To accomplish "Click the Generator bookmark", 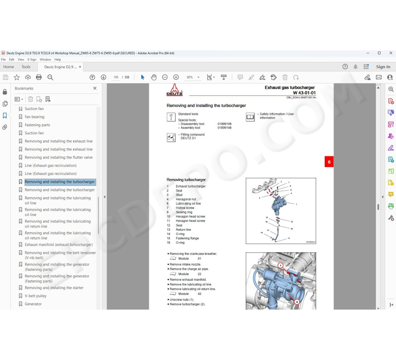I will tap(33, 304).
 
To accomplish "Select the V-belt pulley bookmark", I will tap(36, 296).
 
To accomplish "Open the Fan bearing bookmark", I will tap(35, 117).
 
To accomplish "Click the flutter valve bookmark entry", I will tap(59, 157).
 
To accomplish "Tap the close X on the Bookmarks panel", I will tap(95, 88).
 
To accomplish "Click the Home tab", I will tap(9, 67).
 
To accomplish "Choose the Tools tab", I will tap(26, 67).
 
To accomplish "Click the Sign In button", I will tap(383, 67).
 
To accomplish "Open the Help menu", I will tap(58, 59).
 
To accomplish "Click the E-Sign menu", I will tap(32, 59).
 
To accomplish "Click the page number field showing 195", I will tap(116, 77).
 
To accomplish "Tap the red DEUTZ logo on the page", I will tap(175, 90).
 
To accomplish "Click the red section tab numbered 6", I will tap(329, 162).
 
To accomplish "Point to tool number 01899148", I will tap(224, 128).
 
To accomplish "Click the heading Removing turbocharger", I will tap(186, 180).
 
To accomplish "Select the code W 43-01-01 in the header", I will tap(304, 93).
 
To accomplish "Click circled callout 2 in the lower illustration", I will tap(297, 302).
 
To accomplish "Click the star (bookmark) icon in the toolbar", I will tap(17, 77).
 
